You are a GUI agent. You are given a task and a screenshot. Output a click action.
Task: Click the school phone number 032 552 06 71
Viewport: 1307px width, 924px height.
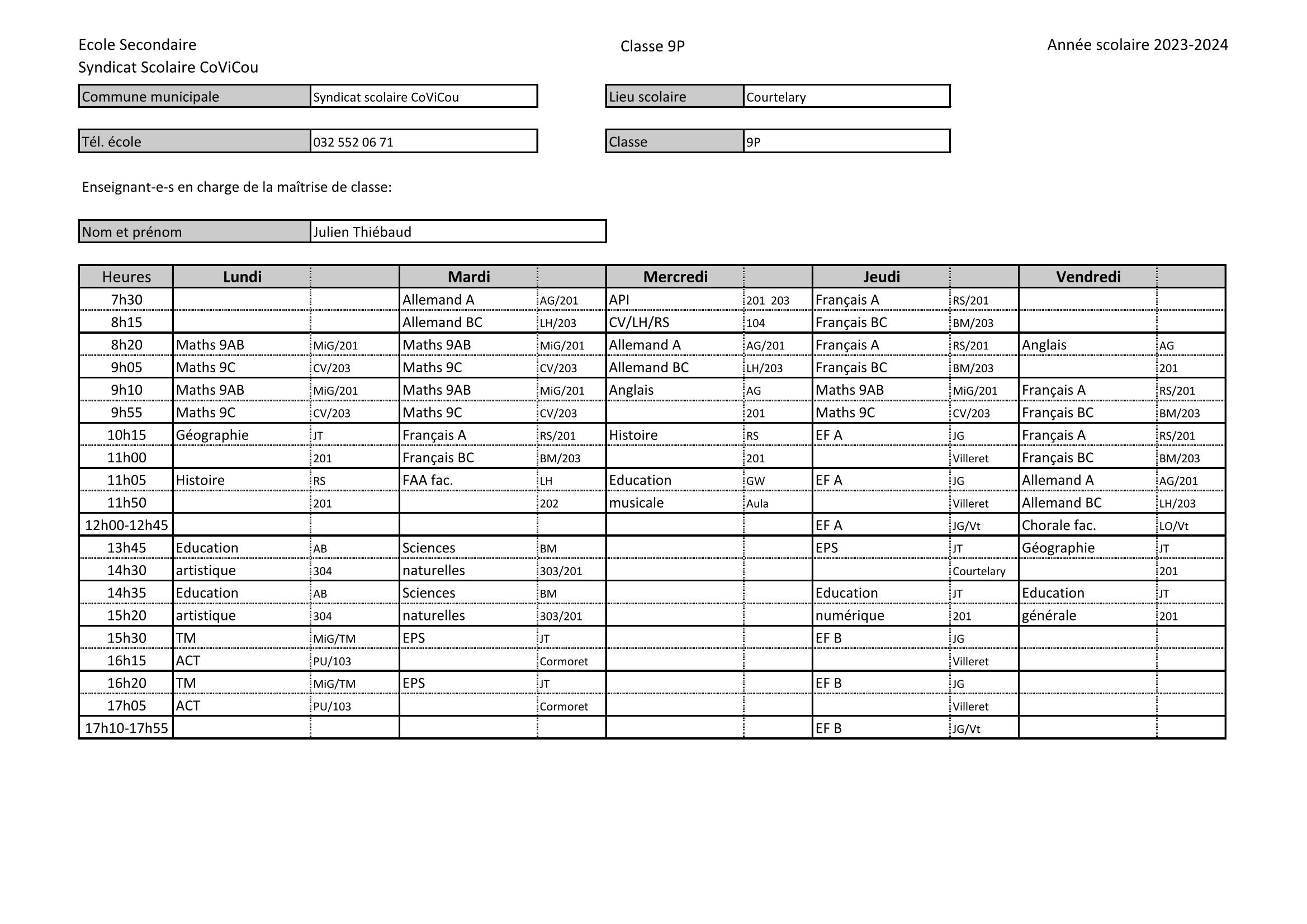tap(353, 143)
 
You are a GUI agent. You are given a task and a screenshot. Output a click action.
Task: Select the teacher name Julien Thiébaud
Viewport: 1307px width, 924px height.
tap(362, 233)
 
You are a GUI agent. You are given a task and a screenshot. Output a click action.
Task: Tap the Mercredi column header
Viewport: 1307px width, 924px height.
tap(675, 277)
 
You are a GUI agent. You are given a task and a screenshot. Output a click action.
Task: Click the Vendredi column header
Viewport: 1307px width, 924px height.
tap(1088, 277)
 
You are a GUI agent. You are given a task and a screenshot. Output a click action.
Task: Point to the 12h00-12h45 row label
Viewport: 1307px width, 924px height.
tap(126, 525)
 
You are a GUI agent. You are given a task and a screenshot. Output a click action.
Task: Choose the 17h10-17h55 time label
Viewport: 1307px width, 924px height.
tap(126, 728)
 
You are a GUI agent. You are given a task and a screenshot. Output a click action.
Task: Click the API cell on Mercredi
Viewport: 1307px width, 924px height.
tap(619, 300)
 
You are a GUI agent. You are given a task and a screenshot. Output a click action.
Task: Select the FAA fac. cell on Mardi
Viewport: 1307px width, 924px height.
tap(428, 481)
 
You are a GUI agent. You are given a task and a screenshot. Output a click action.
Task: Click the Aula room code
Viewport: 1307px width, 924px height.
tap(757, 504)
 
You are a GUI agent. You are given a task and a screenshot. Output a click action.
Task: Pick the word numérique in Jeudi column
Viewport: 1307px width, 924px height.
tap(849, 615)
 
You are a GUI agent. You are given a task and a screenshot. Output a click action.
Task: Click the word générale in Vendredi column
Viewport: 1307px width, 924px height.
tap(1049, 615)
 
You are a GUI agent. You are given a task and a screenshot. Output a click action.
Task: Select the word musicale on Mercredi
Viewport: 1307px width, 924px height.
tap(636, 503)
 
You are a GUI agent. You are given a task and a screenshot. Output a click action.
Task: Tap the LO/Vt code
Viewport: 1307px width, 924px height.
tap(1173, 526)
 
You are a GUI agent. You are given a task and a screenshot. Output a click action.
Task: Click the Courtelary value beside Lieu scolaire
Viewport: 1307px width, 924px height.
tap(776, 97)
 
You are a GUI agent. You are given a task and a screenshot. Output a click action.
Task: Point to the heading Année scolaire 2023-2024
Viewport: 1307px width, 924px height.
tap(1138, 45)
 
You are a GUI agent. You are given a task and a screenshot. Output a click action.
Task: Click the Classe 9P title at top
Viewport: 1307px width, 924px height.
tap(652, 46)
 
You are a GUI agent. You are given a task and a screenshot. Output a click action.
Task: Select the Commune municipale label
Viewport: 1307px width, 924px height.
tap(150, 97)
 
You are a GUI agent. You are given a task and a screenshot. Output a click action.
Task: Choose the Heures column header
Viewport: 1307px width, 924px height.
tap(126, 277)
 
